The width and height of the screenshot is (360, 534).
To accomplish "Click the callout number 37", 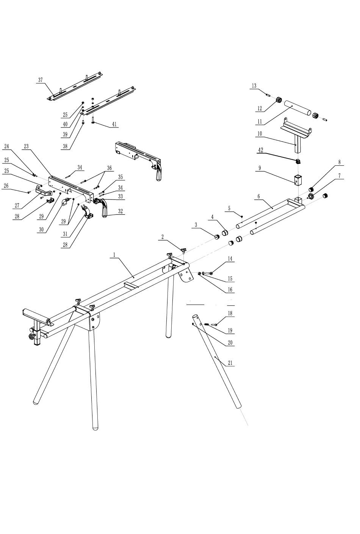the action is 41,80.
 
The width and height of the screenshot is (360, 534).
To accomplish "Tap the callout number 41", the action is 114,124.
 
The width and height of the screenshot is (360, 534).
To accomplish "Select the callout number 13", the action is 254,86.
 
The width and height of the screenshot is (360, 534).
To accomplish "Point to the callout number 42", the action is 261,150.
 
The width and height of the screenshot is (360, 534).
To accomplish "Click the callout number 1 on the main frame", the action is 114,255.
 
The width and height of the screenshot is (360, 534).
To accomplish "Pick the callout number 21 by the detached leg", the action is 230,363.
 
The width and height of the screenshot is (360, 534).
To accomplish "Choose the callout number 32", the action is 121,211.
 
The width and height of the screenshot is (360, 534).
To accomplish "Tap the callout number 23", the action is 26,146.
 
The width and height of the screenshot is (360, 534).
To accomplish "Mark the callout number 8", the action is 339,162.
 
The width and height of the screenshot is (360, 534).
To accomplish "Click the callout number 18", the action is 230,313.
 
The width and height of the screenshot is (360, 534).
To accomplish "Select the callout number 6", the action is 258,196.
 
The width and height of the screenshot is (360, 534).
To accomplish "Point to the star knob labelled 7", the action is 310,196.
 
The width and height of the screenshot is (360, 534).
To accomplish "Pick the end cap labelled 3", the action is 217,237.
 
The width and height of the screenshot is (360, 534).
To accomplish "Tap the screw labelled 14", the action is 208,273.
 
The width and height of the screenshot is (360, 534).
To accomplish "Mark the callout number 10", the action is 260,133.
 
